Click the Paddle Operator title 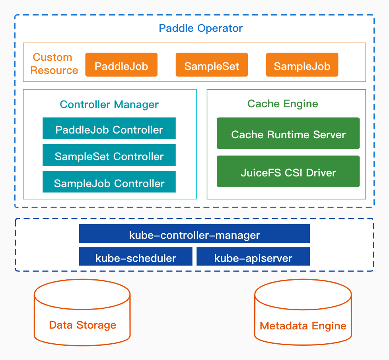(x=200, y=29)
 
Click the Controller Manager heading (x=109, y=105)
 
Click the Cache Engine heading (x=282, y=104)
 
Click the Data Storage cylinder (x=82, y=314)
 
